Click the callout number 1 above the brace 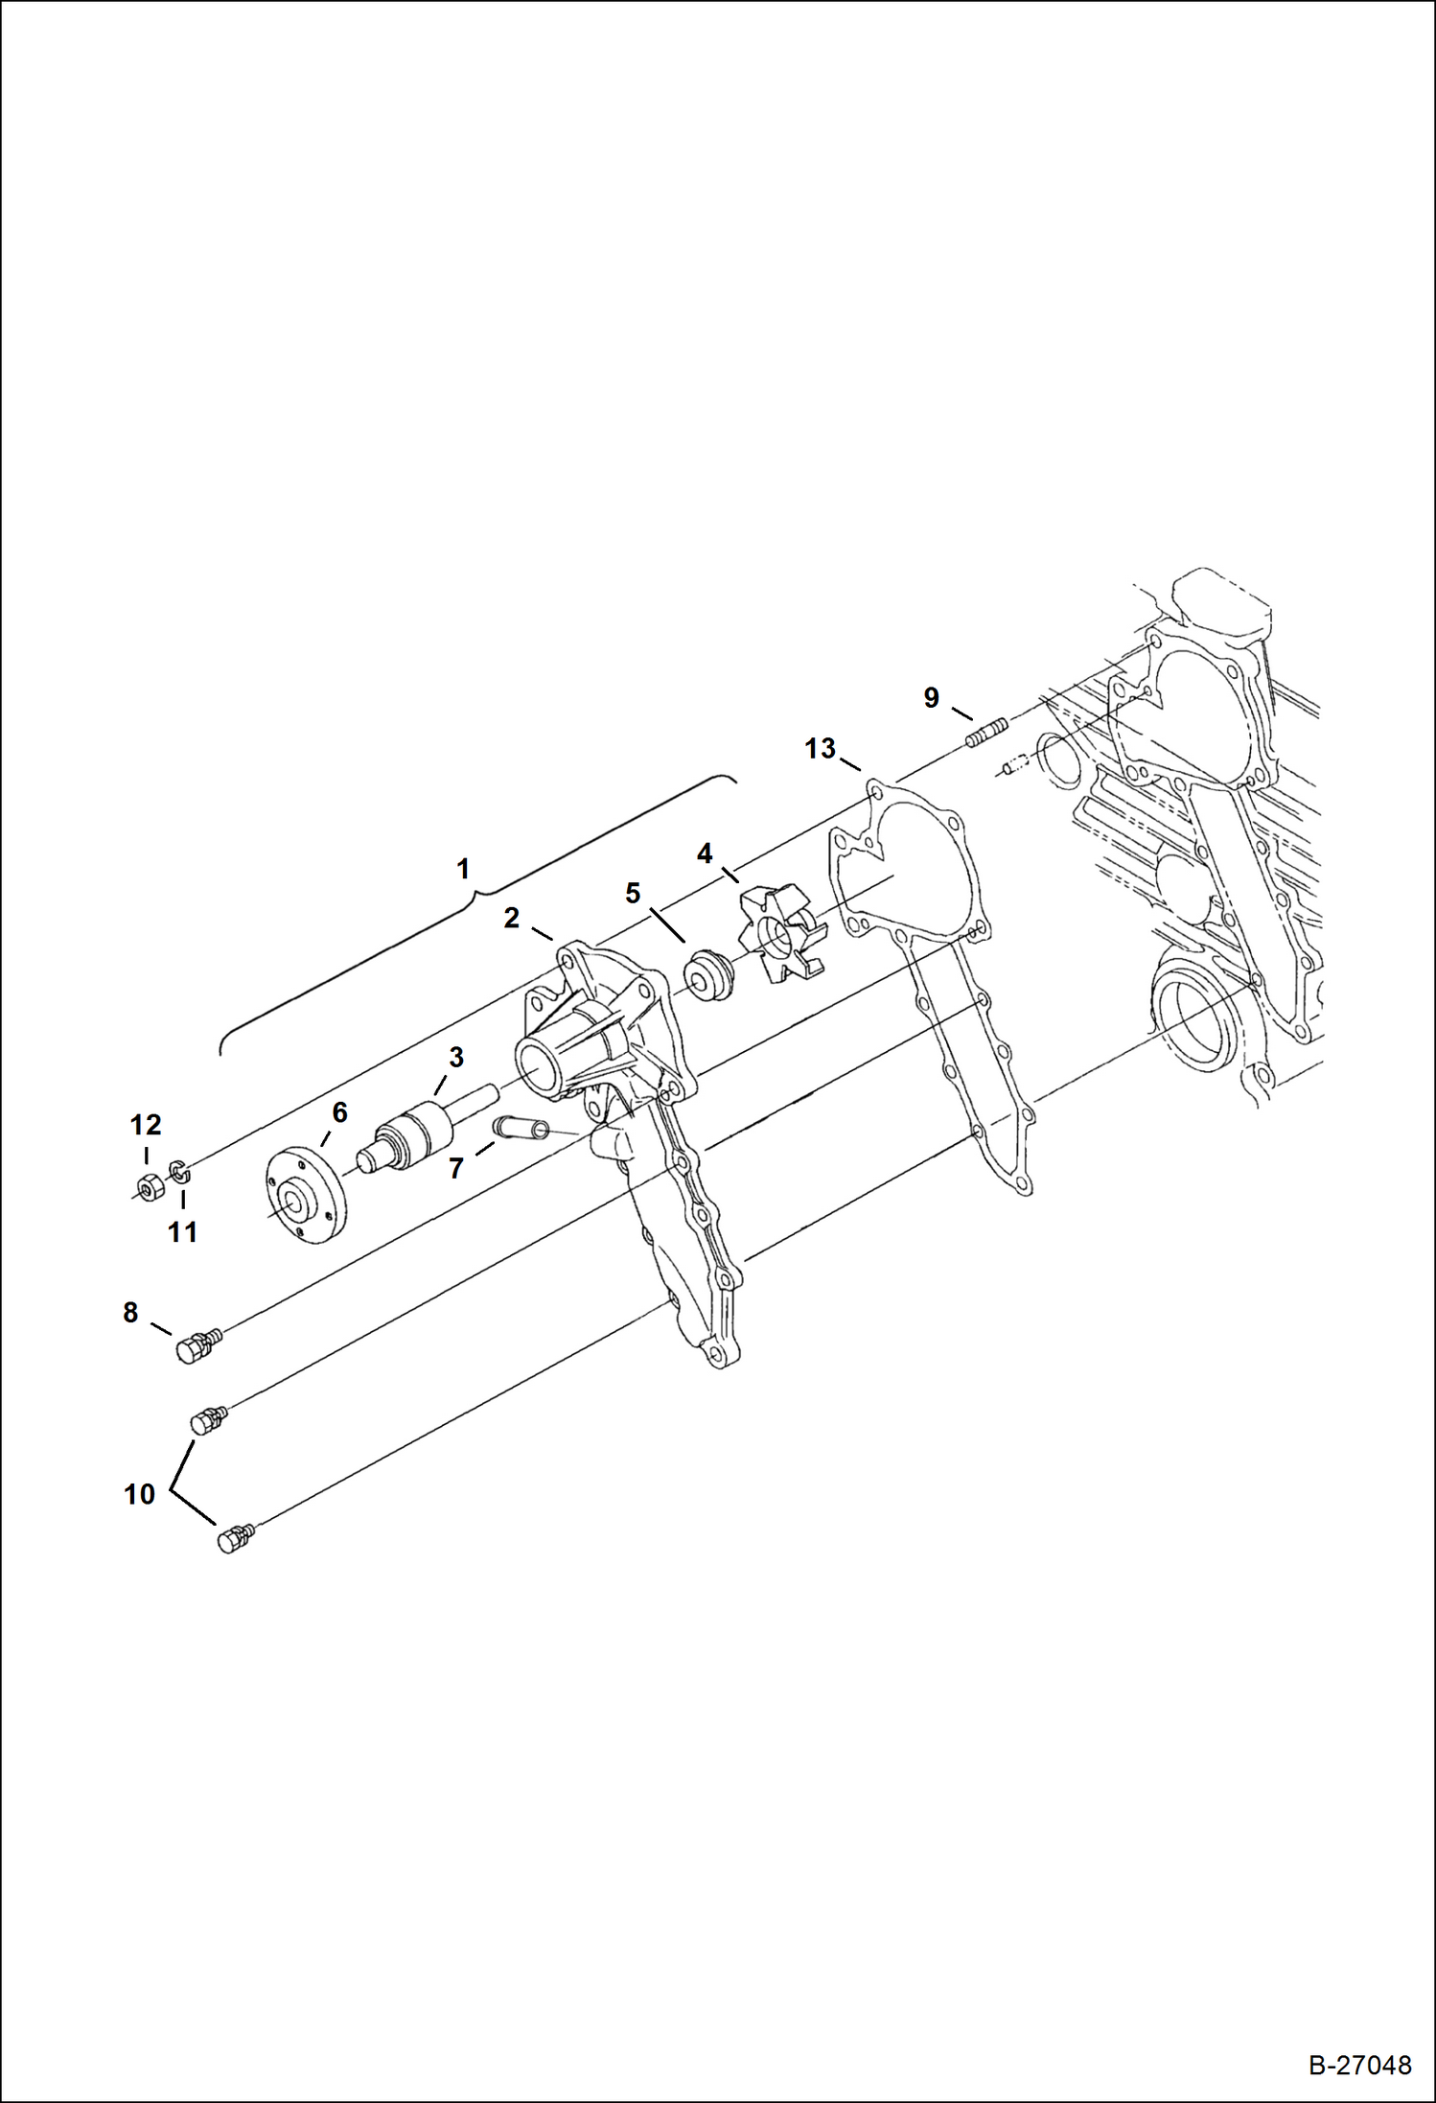pos(463,870)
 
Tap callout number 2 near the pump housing pos(512,919)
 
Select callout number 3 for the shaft pos(456,1058)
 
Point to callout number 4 pos(705,853)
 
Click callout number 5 pos(633,894)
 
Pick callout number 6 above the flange pos(339,1113)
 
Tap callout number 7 pos(456,1168)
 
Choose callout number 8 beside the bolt pos(130,1313)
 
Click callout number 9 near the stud pos(931,698)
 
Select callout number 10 pos(140,1494)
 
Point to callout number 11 pos(182,1232)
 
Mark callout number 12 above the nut pos(146,1125)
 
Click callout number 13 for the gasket pos(820,749)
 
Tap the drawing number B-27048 pos(1359,2065)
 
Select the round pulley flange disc pos(305,1195)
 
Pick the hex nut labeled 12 pos(148,1188)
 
